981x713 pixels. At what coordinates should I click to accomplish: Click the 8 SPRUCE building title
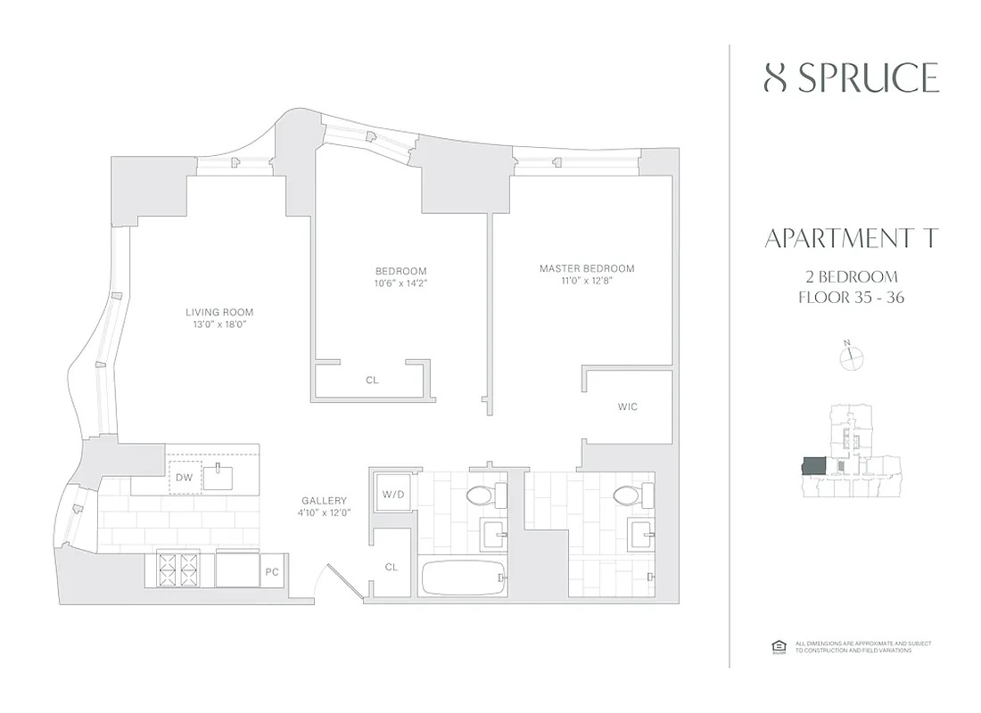click(x=852, y=78)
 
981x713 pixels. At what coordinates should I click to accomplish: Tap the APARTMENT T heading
click(x=852, y=239)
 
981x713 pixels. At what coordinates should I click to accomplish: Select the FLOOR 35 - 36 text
click(x=852, y=298)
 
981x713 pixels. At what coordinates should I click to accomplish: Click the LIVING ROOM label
click(x=219, y=312)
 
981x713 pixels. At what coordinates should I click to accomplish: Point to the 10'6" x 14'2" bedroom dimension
click(x=400, y=283)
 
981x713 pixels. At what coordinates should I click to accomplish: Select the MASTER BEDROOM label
click(x=586, y=268)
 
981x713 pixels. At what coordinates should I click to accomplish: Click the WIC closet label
click(x=627, y=406)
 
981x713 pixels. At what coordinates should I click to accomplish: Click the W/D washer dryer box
click(x=392, y=494)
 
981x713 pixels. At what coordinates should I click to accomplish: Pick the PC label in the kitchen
click(x=271, y=571)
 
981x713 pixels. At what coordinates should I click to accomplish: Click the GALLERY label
click(x=324, y=501)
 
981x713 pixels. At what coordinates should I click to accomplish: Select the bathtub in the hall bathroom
click(x=461, y=578)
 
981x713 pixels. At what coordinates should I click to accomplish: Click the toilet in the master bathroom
click(x=630, y=496)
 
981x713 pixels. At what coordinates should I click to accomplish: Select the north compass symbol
click(x=853, y=356)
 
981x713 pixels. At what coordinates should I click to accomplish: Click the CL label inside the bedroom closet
click(x=372, y=380)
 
